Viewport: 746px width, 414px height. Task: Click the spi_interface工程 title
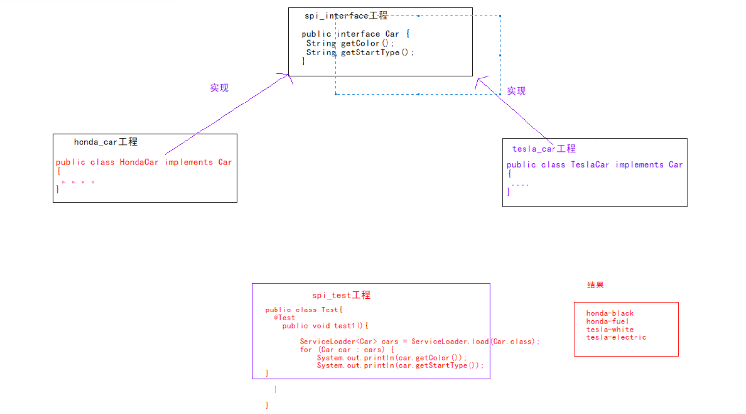coord(346,16)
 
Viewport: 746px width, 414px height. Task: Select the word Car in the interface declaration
coord(392,34)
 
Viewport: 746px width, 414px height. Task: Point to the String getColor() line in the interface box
coord(350,43)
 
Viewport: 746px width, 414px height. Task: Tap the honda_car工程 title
coord(106,142)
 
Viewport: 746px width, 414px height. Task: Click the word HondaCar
coord(139,162)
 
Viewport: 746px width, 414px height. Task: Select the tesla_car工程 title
coord(544,149)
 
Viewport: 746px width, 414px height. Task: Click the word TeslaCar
coord(590,165)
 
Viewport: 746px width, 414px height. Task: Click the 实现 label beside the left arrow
coord(219,88)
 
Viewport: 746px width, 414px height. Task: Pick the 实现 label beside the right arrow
coord(516,91)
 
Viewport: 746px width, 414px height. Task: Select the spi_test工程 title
coord(341,295)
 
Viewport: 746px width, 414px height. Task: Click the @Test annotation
coord(284,318)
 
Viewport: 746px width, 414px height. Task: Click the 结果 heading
coord(595,285)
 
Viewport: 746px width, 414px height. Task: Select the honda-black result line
coord(609,313)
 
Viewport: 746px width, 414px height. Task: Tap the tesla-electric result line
coord(616,337)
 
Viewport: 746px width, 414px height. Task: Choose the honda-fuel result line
coord(607,322)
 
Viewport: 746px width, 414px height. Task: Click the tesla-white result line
coord(609,330)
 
